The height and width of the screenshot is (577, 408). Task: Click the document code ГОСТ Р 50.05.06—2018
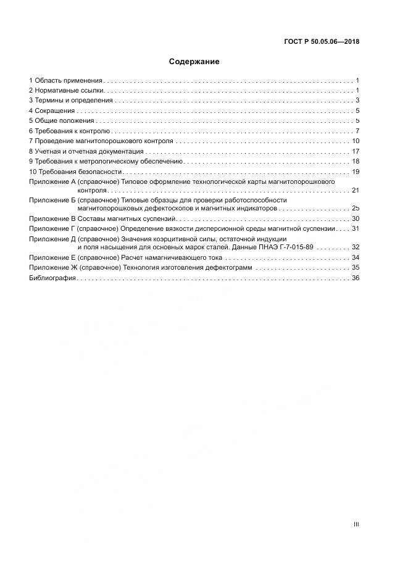[x=322, y=42]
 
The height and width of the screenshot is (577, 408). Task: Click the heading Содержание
[x=194, y=62]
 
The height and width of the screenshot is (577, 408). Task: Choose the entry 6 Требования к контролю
[x=70, y=131]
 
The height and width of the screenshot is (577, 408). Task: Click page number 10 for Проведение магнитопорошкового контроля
[x=356, y=141]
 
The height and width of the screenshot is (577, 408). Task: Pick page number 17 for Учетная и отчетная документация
[x=356, y=151]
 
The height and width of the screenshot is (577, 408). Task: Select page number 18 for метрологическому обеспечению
[x=356, y=161]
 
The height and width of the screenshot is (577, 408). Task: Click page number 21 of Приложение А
[x=356, y=191]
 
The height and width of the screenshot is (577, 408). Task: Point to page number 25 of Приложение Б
[x=356, y=209]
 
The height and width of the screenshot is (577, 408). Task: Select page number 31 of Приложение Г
[x=356, y=229]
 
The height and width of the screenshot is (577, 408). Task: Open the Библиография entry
[x=52, y=278]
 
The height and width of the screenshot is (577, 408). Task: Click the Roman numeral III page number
[x=356, y=524]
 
